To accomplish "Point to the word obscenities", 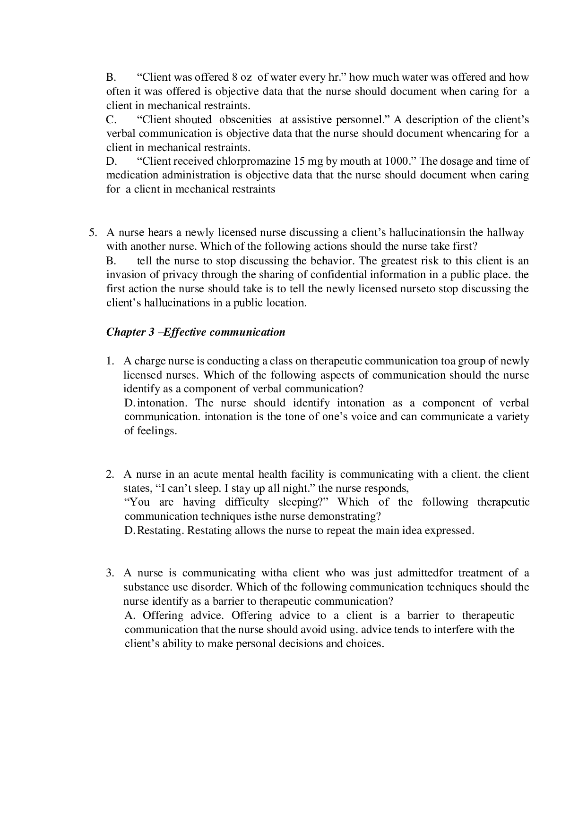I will (245, 119).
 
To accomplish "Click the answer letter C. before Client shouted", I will (111, 119).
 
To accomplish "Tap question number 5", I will (93, 233).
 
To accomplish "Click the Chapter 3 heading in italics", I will (196, 332).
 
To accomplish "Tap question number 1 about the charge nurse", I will (110, 361).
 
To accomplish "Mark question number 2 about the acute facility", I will (110, 474).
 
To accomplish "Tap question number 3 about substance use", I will (110, 574).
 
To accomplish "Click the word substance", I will (144, 587).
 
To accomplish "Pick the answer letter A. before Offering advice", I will (131, 616).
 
